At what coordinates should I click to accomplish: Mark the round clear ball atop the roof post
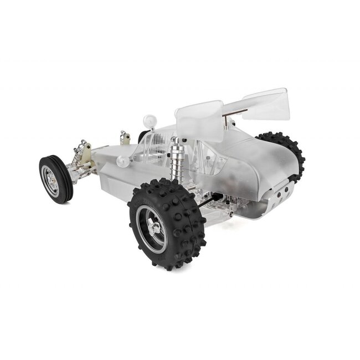pos(150,120)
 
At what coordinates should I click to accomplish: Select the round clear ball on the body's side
pos(122,161)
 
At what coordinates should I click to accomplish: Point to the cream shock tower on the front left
pos(85,153)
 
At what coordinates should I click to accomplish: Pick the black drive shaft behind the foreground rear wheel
pos(208,202)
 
